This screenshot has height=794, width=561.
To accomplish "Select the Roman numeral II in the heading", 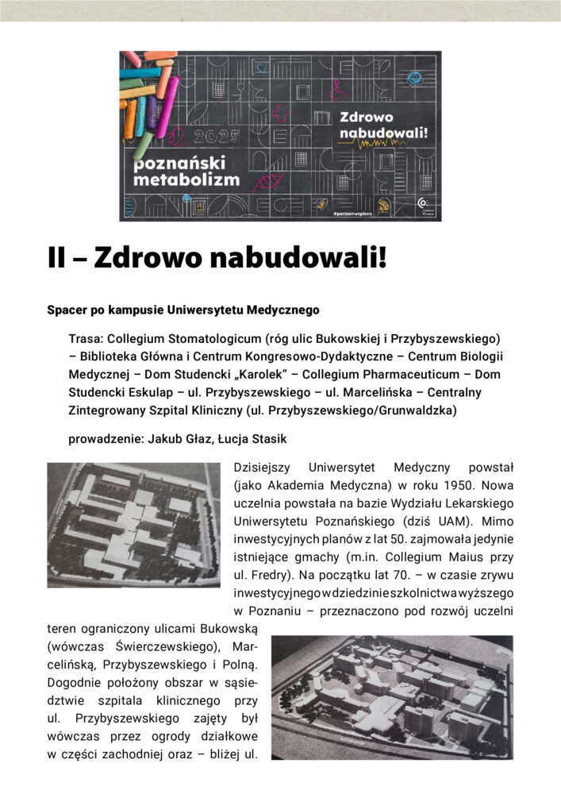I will click(x=60, y=259).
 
